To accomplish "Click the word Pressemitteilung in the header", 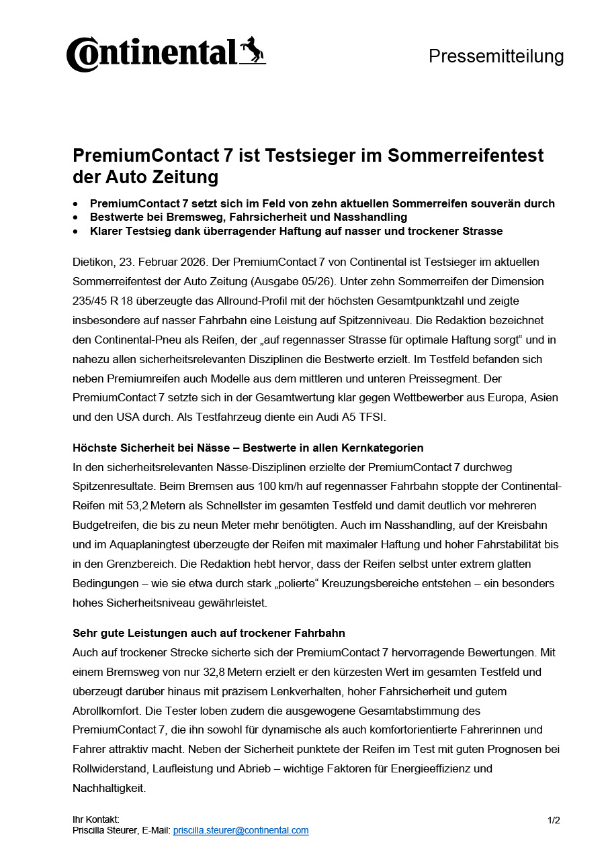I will click(496, 56).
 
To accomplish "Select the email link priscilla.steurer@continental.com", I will click(241, 830).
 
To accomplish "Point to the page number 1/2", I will click(554, 819).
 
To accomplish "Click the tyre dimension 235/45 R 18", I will click(104, 301).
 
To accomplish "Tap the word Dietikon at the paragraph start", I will click(92, 262).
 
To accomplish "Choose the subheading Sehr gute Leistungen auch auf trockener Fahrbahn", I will click(208, 633).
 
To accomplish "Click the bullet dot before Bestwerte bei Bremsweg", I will click(76, 217).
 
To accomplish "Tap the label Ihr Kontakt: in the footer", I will click(96, 819).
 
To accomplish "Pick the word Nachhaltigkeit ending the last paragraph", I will click(109, 788).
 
